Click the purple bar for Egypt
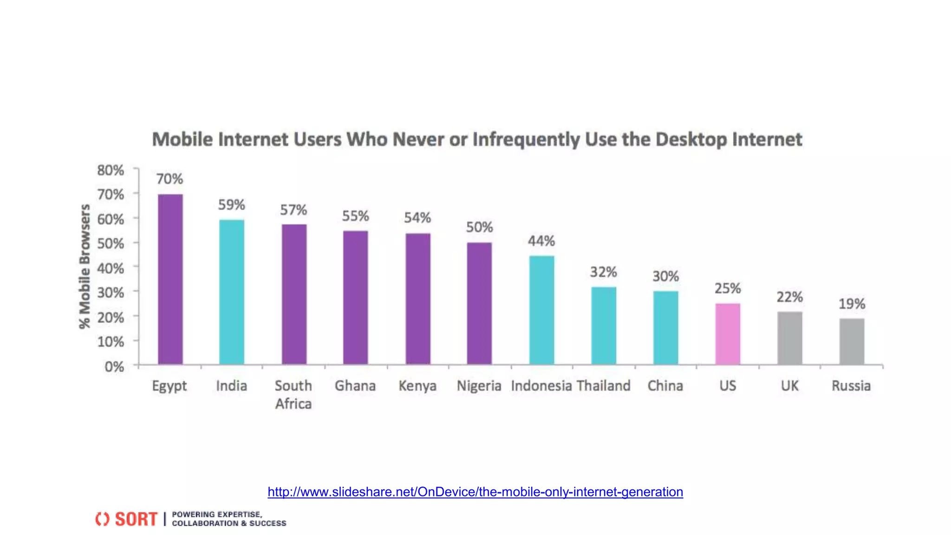(x=170, y=279)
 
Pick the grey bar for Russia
(x=852, y=341)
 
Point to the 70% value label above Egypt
(x=169, y=179)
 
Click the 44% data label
(x=541, y=241)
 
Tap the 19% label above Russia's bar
(x=852, y=304)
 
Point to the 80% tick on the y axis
(x=111, y=170)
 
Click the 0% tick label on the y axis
(x=114, y=367)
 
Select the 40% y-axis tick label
(x=111, y=268)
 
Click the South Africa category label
(x=293, y=394)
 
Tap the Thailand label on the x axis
(x=604, y=386)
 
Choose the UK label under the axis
(x=789, y=386)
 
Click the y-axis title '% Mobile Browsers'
(x=85, y=267)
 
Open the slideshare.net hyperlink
(x=475, y=492)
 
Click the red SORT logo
(x=127, y=519)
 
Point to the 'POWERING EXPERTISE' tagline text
(x=217, y=515)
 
